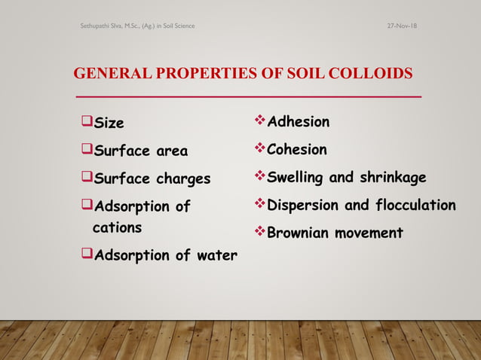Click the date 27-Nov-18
[x=403, y=26]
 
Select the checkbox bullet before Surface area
[x=84, y=150]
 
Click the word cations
[x=117, y=227]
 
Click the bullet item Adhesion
[x=299, y=122]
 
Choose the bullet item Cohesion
[x=297, y=150]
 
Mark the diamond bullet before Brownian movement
[x=261, y=232]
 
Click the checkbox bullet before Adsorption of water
[x=84, y=255]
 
